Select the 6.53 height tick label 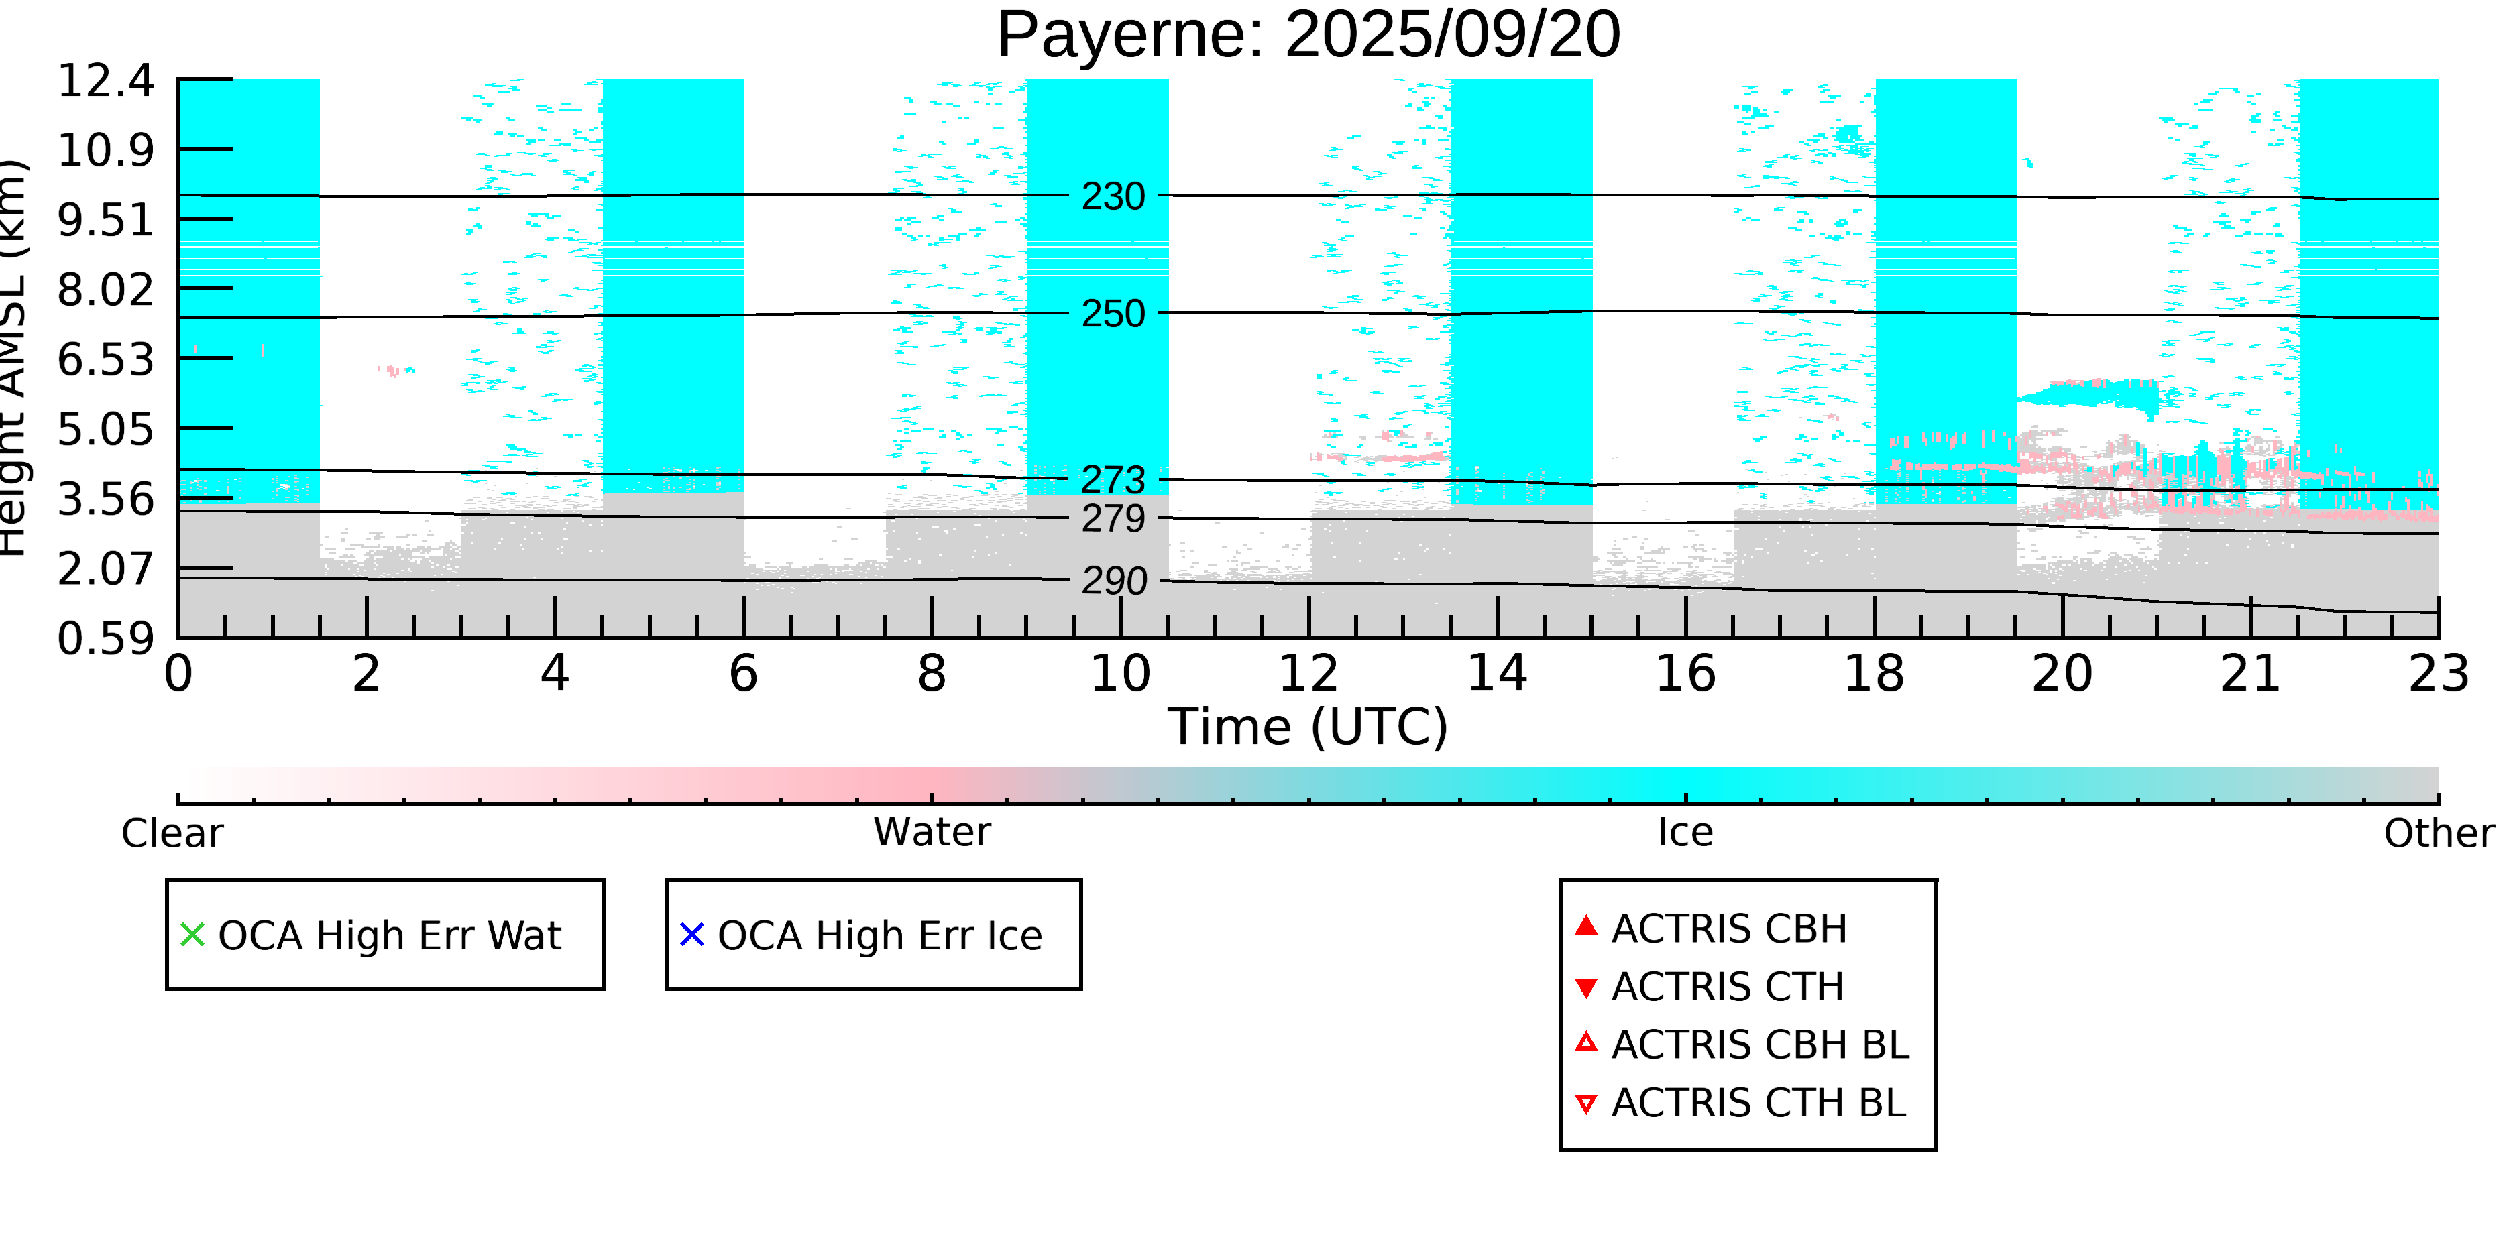coord(105,360)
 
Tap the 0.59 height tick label coord(105,640)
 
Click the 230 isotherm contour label coord(1113,197)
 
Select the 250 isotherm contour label coord(1113,314)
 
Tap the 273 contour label coord(1113,480)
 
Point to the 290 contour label coord(1113,582)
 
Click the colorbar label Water coord(932,833)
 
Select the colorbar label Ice coord(1685,833)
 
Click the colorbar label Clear coord(172,833)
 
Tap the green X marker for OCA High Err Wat coord(192,935)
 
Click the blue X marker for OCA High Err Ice coord(691,935)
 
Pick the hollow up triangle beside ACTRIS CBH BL coord(1585,1043)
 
